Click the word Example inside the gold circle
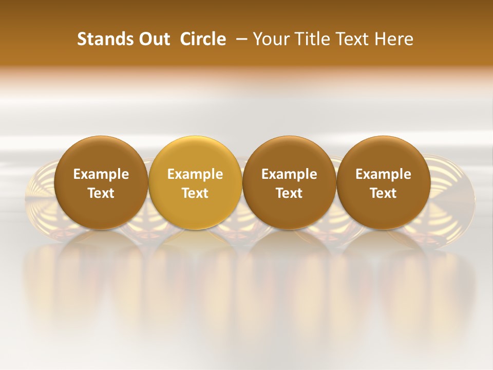click(x=195, y=174)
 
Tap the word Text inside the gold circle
click(x=195, y=193)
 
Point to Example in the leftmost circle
click(x=101, y=174)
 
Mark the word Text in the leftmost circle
click(x=101, y=193)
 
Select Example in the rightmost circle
click(x=384, y=174)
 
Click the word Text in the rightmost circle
click(x=384, y=193)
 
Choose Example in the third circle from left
click(x=289, y=174)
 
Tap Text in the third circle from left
click(x=289, y=193)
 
